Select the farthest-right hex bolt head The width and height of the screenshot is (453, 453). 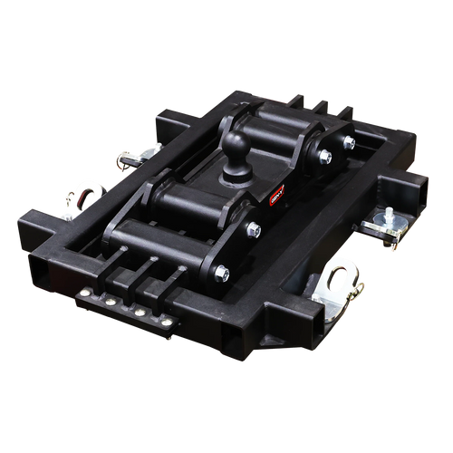click(349, 142)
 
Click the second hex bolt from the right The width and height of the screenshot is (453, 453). click(324, 158)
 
